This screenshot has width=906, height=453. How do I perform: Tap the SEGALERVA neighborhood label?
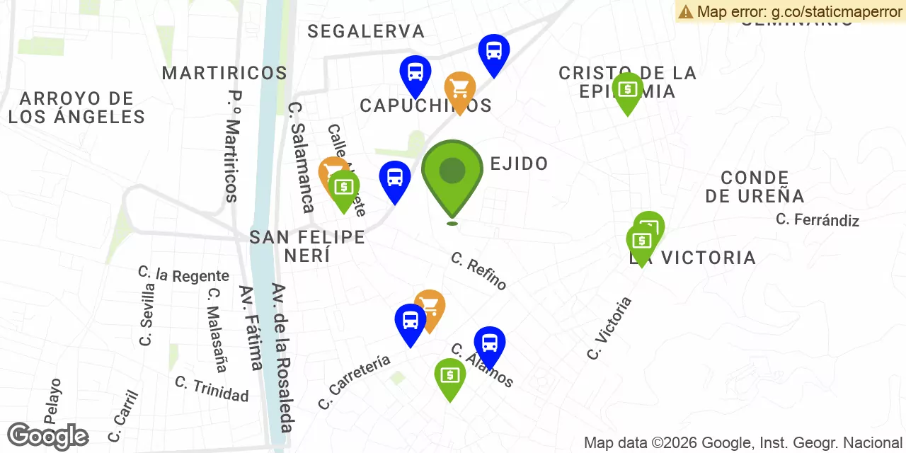(x=366, y=31)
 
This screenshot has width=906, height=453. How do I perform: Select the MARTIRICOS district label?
(x=224, y=73)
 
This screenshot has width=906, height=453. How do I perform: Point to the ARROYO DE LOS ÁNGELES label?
(x=76, y=108)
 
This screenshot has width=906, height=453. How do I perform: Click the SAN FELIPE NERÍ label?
(x=307, y=246)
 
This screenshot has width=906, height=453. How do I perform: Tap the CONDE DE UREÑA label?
(x=755, y=187)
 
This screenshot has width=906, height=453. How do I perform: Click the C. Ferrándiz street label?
(x=817, y=219)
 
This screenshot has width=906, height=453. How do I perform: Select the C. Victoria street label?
(x=609, y=328)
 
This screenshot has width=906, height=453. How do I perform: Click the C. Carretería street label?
(x=354, y=382)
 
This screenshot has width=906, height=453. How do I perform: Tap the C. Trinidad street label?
(x=212, y=389)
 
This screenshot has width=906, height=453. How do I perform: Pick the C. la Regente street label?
(x=183, y=274)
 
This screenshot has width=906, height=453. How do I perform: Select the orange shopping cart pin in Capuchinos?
(x=460, y=90)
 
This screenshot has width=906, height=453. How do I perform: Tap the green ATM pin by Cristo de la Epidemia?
(x=627, y=90)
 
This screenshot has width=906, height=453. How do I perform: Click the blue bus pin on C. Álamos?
(x=489, y=345)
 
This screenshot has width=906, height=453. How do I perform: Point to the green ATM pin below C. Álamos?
(x=449, y=376)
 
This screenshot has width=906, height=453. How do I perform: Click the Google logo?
(x=47, y=436)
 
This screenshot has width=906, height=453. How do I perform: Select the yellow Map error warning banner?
(x=790, y=11)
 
